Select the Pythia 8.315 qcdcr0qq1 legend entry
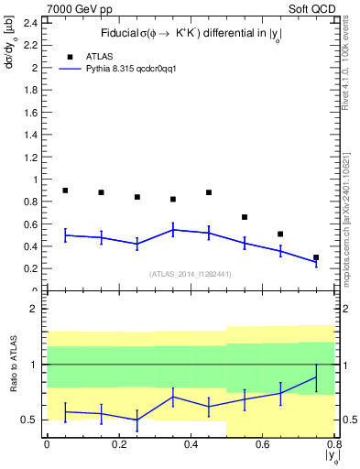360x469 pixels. tap(137, 69)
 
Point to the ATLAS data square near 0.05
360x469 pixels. tap(65, 191)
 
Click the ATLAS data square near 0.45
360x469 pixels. tap(209, 192)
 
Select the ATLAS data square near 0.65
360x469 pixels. tap(280, 234)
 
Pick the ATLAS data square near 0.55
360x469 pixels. tap(245, 217)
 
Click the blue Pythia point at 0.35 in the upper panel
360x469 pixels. tap(173, 230)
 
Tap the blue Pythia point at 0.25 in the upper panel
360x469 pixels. tap(137, 243)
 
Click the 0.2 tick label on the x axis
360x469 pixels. tap(118, 444)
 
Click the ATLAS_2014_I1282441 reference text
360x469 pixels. tap(191, 273)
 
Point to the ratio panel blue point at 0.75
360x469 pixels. tap(316, 376)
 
